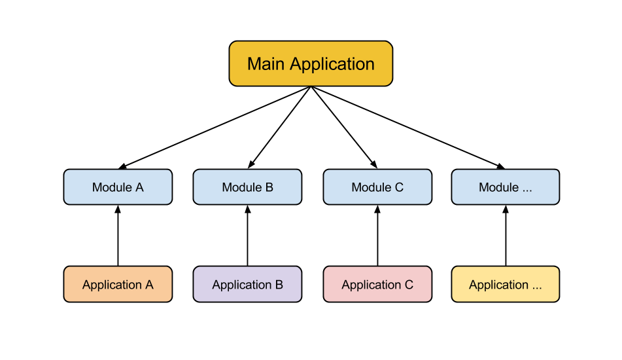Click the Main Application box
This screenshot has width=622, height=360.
311,63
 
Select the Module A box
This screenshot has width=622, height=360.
118,187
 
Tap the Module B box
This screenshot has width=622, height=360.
247,187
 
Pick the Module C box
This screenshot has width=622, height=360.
377,187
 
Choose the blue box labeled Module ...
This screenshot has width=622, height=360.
506,187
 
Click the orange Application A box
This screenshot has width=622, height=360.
118,284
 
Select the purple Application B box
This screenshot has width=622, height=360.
247,284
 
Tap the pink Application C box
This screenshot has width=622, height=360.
377,284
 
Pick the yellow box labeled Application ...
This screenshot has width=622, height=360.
506,284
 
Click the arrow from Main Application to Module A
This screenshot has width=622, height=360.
215,128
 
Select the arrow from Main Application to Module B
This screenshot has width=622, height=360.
279,128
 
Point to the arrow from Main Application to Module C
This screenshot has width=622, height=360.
344,128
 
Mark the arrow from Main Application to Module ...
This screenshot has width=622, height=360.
408,128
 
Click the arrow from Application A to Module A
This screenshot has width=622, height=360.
118,236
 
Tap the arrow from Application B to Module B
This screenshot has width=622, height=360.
247,236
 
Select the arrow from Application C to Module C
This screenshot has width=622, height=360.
377,236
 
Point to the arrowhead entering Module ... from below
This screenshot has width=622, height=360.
506,209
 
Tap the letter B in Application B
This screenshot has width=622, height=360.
279,285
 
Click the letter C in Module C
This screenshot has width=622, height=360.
399,187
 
